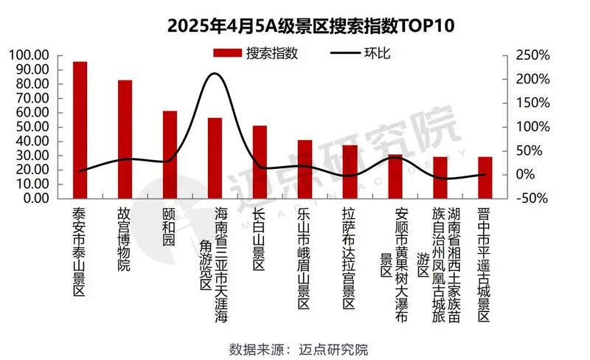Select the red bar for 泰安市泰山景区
pos(80,130)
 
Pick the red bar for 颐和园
pos(170,154)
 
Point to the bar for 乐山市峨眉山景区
pos(305,169)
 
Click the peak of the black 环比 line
pos(214,74)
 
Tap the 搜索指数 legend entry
pos(255,53)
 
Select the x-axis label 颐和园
pos(169,229)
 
